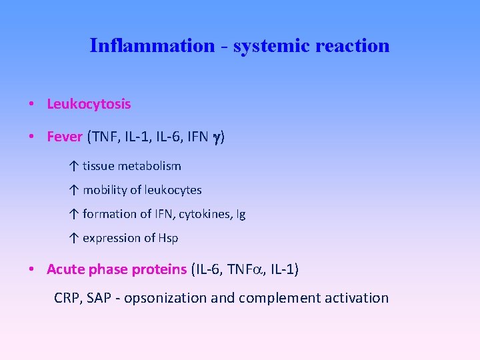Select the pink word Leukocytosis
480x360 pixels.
(x=89, y=104)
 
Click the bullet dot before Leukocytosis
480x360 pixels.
(x=32, y=104)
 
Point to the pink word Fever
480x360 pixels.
(x=65, y=137)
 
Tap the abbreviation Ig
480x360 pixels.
(x=240, y=214)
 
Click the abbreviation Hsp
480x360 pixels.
(x=168, y=238)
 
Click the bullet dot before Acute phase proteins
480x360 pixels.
(x=32, y=269)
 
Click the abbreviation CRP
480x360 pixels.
(x=67, y=298)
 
